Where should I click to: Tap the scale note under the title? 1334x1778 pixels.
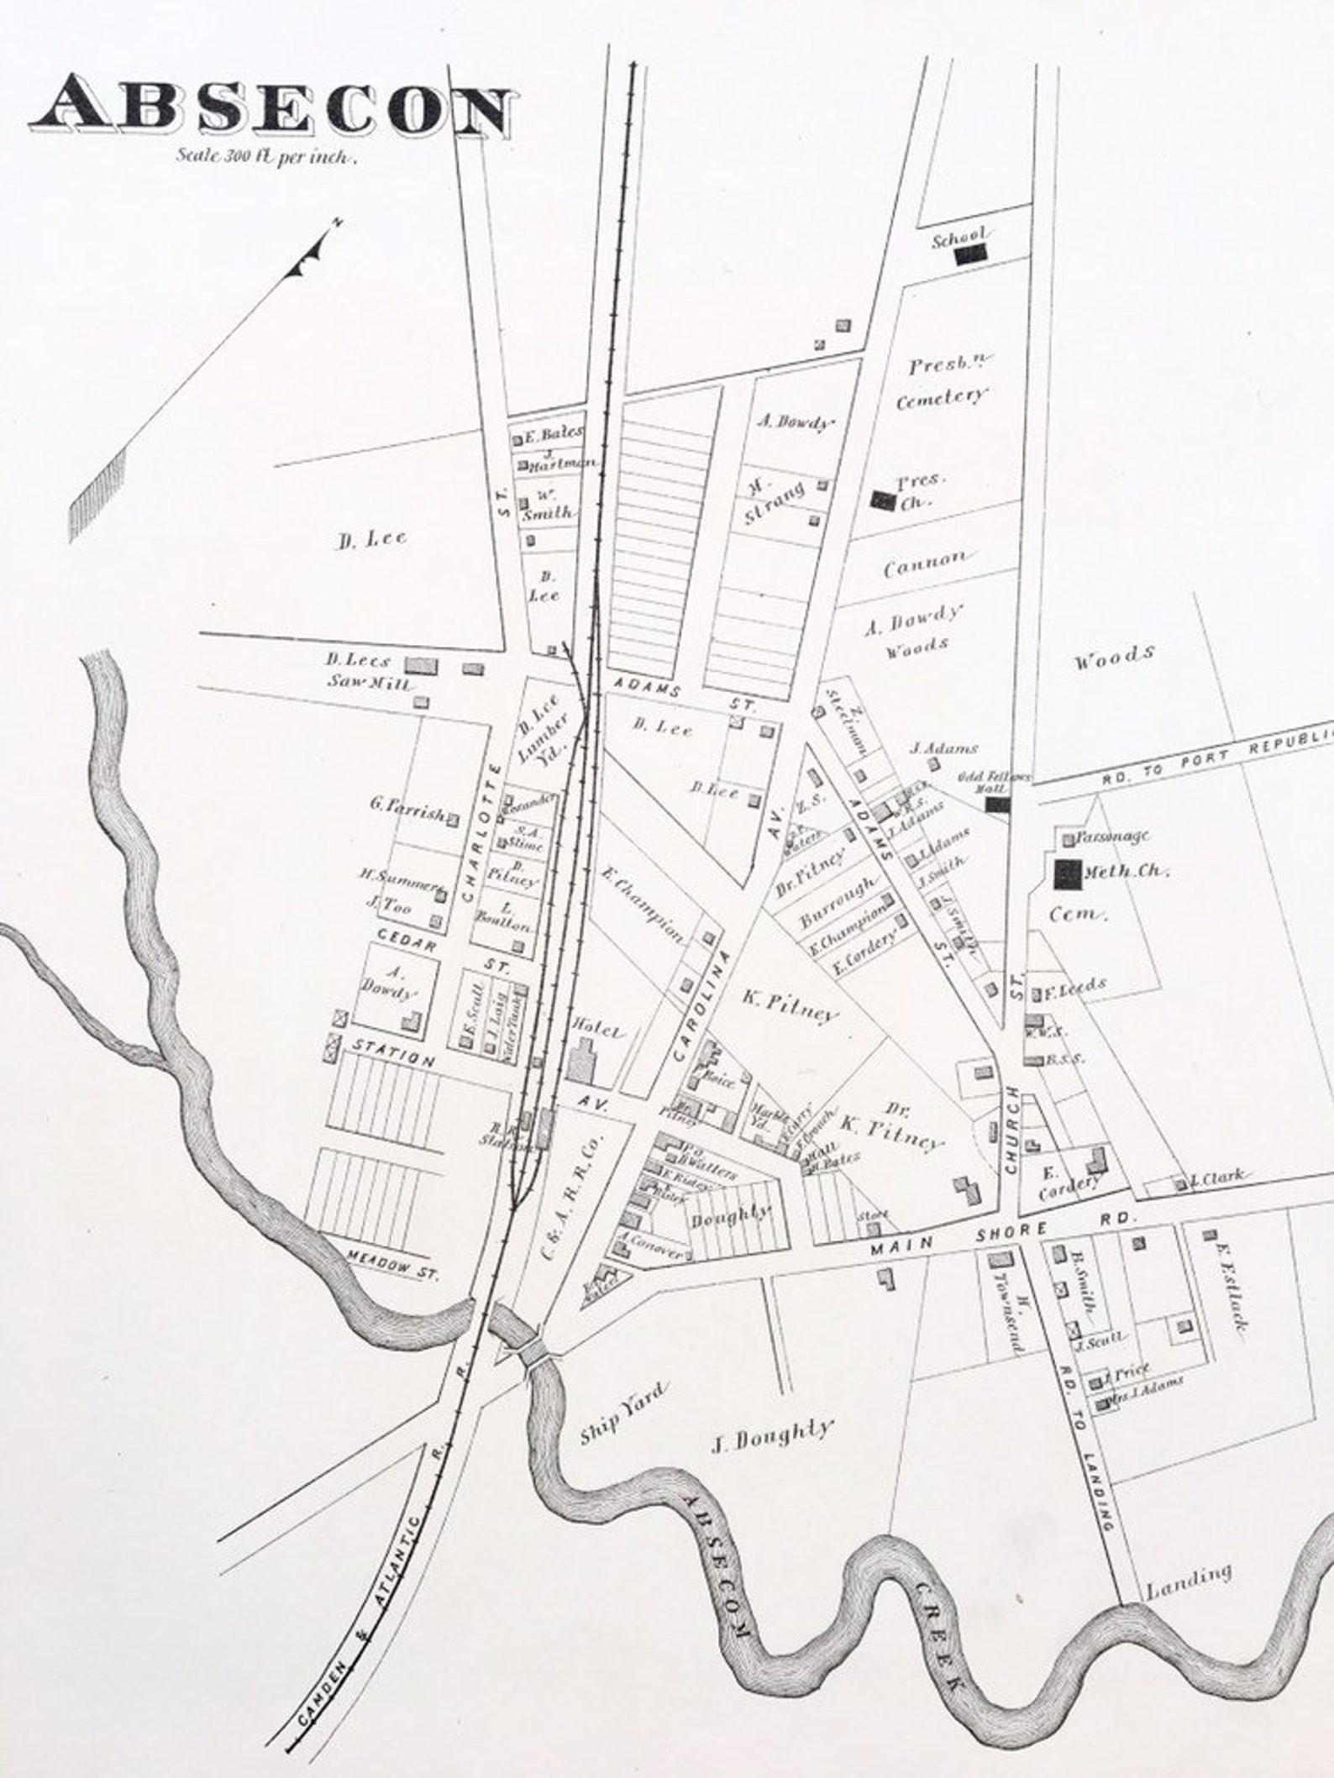pyautogui.click(x=266, y=156)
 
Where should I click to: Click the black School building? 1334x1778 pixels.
pyautogui.click(x=974, y=253)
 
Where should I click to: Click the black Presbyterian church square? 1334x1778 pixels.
pyautogui.click(x=882, y=501)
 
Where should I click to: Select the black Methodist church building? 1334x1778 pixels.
pyautogui.click(x=1067, y=874)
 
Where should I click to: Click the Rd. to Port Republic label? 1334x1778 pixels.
pyautogui.click(x=1218, y=760)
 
